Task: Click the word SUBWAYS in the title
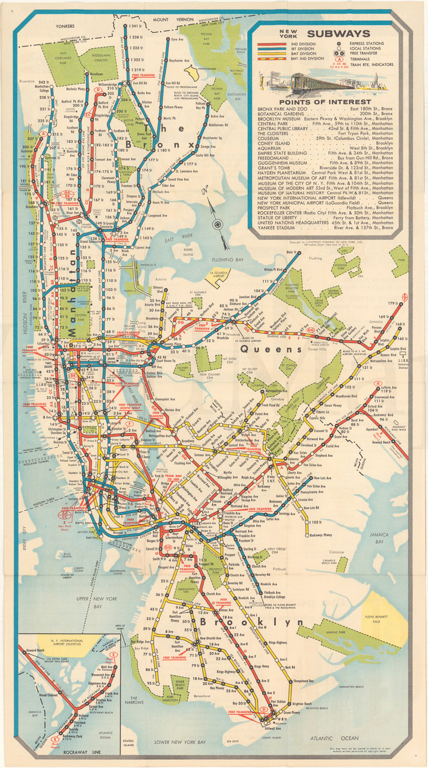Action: [x=339, y=34]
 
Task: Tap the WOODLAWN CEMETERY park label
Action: [x=90, y=57]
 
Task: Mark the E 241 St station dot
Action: [x=125, y=26]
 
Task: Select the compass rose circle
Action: [x=218, y=224]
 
